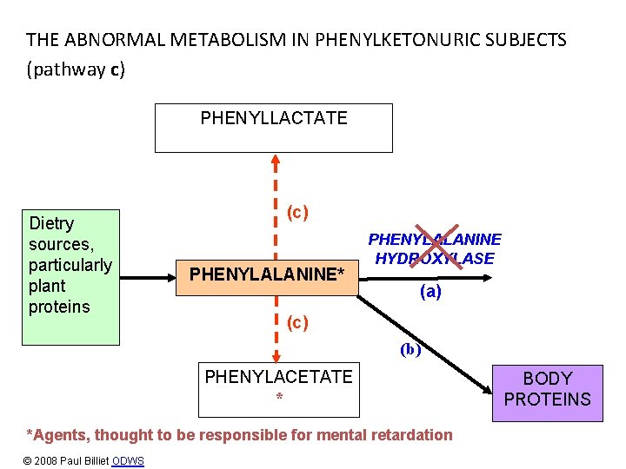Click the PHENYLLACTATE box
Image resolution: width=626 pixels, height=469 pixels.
[x=274, y=128]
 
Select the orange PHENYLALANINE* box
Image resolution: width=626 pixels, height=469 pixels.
[x=267, y=278]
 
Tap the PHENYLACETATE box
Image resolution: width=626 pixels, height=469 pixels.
[x=279, y=390]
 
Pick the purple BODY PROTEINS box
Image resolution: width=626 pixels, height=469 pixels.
[x=548, y=393]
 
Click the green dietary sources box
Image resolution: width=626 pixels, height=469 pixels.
[x=70, y=277]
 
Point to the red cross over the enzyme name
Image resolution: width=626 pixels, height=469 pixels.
[x=436, y=247]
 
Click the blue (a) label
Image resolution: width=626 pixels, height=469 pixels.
[x=430, y=292]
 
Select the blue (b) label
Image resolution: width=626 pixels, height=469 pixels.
[x=410, y=350]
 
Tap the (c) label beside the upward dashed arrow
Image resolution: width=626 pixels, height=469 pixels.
[x=297, y=212]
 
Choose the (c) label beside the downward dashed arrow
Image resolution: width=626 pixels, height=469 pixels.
[x=297, y=322]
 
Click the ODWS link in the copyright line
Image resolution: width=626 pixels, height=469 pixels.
[x=128, y=461]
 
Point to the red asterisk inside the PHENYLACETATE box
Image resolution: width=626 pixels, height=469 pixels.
[x=279, y=396]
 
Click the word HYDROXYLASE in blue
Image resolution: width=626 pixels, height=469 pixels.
[x=435, y=259]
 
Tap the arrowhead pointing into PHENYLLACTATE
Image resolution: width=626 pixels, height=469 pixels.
[x=276, y=160]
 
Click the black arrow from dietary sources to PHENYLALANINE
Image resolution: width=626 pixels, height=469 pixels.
[x=148, y=278]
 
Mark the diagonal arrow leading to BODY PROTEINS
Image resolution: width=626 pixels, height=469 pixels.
[x=424, y=345]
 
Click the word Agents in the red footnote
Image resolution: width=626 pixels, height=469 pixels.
[x=61, y=435]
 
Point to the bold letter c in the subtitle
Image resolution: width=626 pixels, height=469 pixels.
[x=115, y=70]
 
